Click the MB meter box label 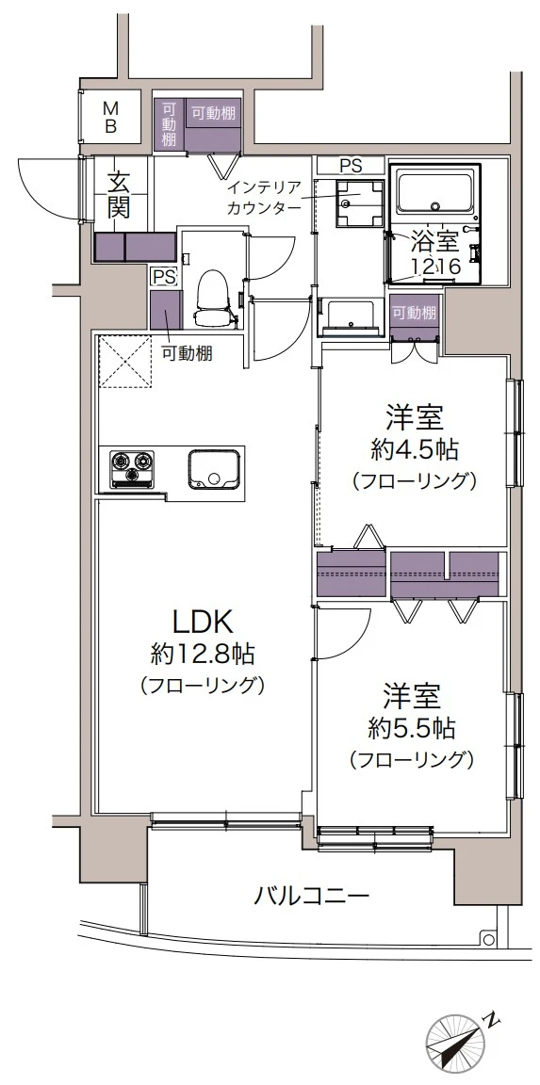point(110,116)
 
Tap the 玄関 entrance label point(118,193)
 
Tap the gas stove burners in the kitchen point(131,468)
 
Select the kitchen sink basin point(213,468)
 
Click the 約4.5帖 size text point(414,448)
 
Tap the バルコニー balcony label point(311,896)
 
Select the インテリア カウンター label point(263,199)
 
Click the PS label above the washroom point(351,165)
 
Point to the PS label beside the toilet point(164,277)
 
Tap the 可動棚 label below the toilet point(186,354)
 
